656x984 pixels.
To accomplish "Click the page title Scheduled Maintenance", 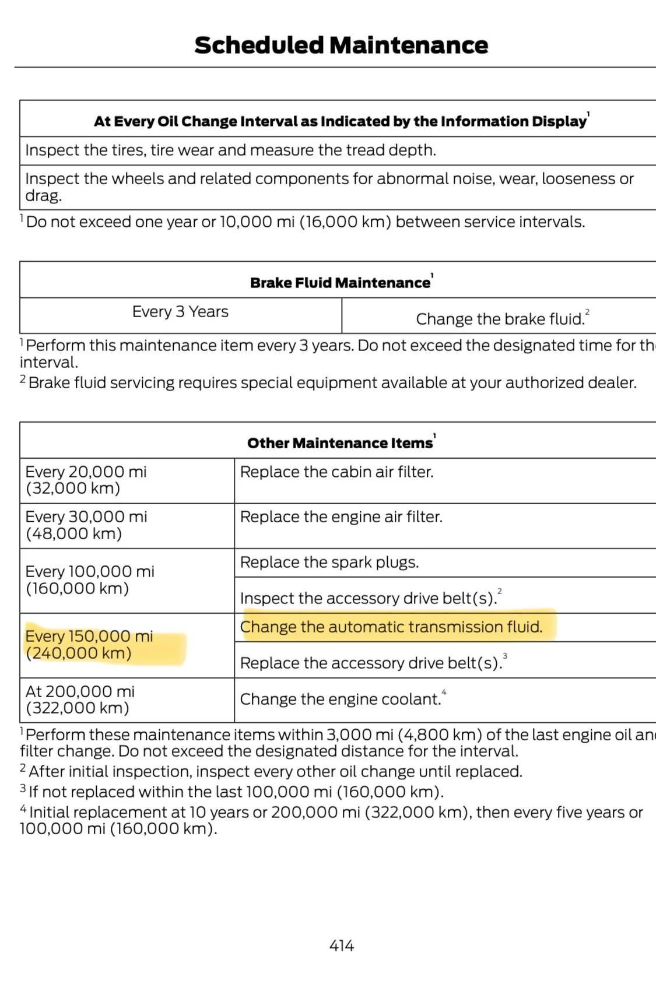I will point(341,45).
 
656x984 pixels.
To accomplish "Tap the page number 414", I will point(341,946).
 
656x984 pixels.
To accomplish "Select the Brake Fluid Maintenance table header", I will point(341,283).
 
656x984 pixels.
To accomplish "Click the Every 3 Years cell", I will point(180,312).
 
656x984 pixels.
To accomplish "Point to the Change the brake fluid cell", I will point(500,319).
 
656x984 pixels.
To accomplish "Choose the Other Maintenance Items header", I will point(340,443).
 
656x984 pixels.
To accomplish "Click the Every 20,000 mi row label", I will point(86,480).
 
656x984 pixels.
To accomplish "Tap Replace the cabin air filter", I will point(336,472).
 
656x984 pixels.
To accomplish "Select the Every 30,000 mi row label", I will point(86,525).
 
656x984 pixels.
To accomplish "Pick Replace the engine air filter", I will point(341,516).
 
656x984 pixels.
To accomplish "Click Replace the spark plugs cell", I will point(329,562).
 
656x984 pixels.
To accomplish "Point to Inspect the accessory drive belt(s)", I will point(368,598).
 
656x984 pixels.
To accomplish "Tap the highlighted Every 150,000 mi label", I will point(89,644).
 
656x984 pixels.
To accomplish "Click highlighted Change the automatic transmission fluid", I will point(391,627).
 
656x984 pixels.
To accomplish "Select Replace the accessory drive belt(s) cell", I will point(371,663).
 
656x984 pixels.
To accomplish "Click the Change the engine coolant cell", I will point(341,699).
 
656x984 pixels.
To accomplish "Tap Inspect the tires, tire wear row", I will point(230,150).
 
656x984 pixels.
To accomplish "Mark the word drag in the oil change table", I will point(43,196).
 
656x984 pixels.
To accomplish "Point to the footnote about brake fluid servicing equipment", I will point(332,382).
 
